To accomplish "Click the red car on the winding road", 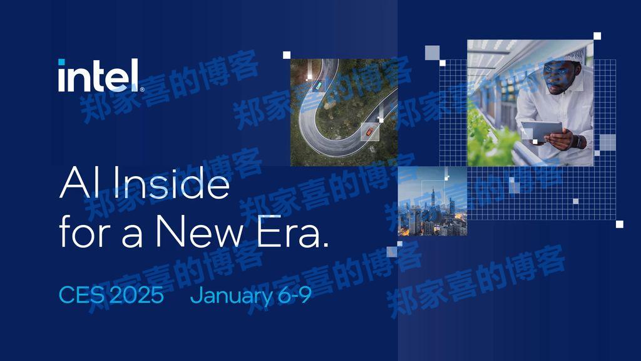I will point(370,132).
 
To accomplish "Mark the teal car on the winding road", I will point(319,83).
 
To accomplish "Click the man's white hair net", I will point(569,54).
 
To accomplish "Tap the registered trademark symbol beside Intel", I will point(142,90).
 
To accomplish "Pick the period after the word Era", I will point(324,244).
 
